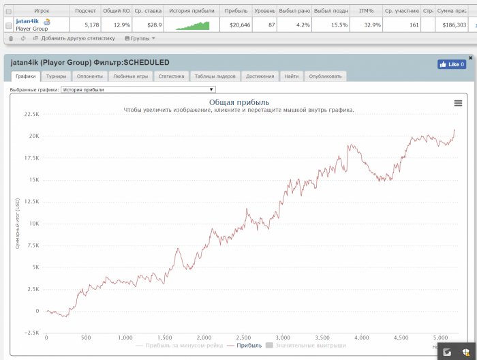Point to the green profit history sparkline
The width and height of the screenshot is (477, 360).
coord(193,25)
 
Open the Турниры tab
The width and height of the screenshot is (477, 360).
coord(57,76)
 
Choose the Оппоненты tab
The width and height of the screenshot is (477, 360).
coord(90,76)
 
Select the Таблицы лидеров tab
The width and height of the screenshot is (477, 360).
coord(215,76)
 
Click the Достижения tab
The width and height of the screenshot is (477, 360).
coord(260,76)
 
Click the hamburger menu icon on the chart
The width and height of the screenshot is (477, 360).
coord(458,103)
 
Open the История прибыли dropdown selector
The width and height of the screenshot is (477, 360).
coord(138,89)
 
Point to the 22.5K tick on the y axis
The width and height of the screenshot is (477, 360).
coord(31,115)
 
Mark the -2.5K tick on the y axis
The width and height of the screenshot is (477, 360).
coord(31,333)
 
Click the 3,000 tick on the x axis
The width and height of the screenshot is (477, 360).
coord(282,337)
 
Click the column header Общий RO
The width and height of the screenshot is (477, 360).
coord(117,11)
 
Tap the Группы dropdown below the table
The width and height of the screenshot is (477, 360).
coord(140,38)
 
